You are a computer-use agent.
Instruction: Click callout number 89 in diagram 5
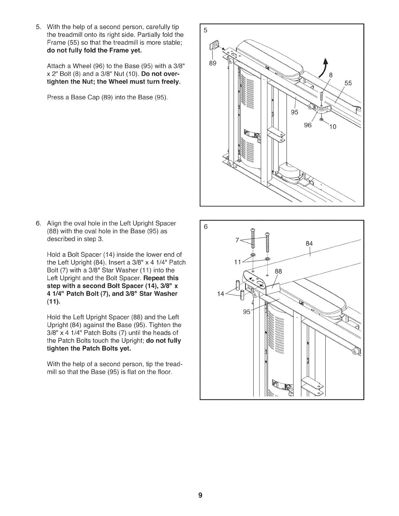[213, 63]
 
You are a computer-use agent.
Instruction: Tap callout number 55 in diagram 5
[348, 83]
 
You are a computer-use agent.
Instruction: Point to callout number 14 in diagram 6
[220, 294]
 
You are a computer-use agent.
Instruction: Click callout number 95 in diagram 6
[247, 312]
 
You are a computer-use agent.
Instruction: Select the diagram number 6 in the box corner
[205, 227]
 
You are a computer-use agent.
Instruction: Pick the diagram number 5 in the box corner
[205, 30]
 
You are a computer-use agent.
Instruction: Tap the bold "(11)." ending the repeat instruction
[54, 302]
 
